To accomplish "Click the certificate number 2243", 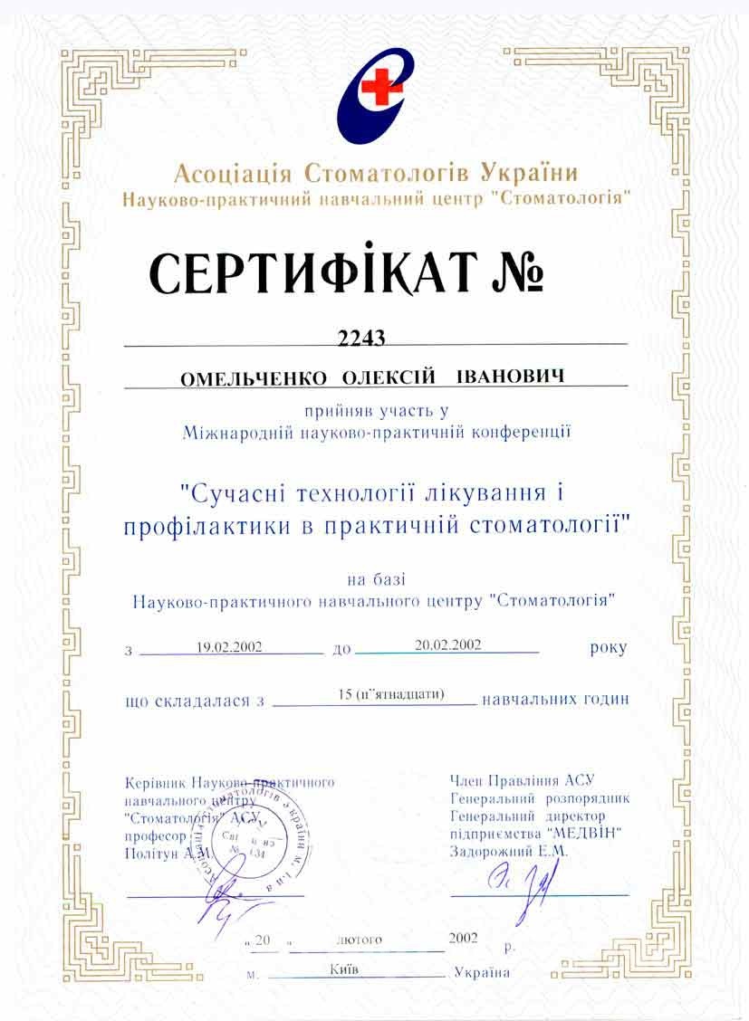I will pos(361,338).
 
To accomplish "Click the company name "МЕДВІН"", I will pos(585,833).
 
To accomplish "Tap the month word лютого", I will pos(359,940).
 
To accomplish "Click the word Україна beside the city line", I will pos(482,973).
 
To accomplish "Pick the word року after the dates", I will pos(607,648).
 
